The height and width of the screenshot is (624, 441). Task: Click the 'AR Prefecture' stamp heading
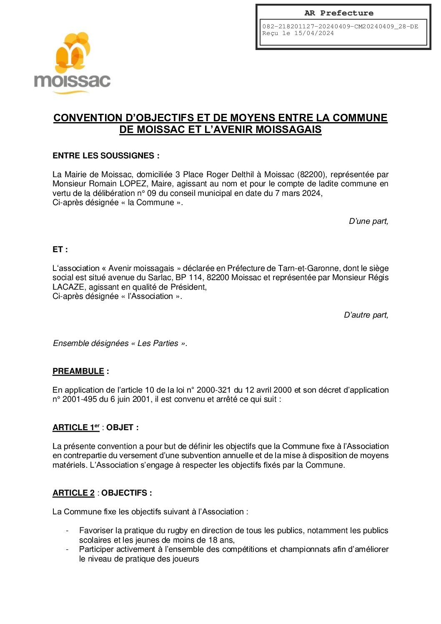(338, 13)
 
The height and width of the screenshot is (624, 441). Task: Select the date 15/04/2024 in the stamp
(314, 33)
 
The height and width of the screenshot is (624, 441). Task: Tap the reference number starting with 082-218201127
(340, 26)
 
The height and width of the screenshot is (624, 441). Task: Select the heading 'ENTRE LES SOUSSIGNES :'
(106, 156)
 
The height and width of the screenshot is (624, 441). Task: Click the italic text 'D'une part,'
(368, 221)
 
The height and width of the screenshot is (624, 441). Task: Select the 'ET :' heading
(60, 250)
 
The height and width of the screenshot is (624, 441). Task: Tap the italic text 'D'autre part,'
(366, 315)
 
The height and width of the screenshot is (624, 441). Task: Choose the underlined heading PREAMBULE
(78, 371)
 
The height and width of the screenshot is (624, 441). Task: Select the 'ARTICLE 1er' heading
(76, 428)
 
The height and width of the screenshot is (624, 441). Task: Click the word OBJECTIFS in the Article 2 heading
(124, 493)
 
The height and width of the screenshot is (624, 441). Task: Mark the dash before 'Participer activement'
(67, 549)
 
